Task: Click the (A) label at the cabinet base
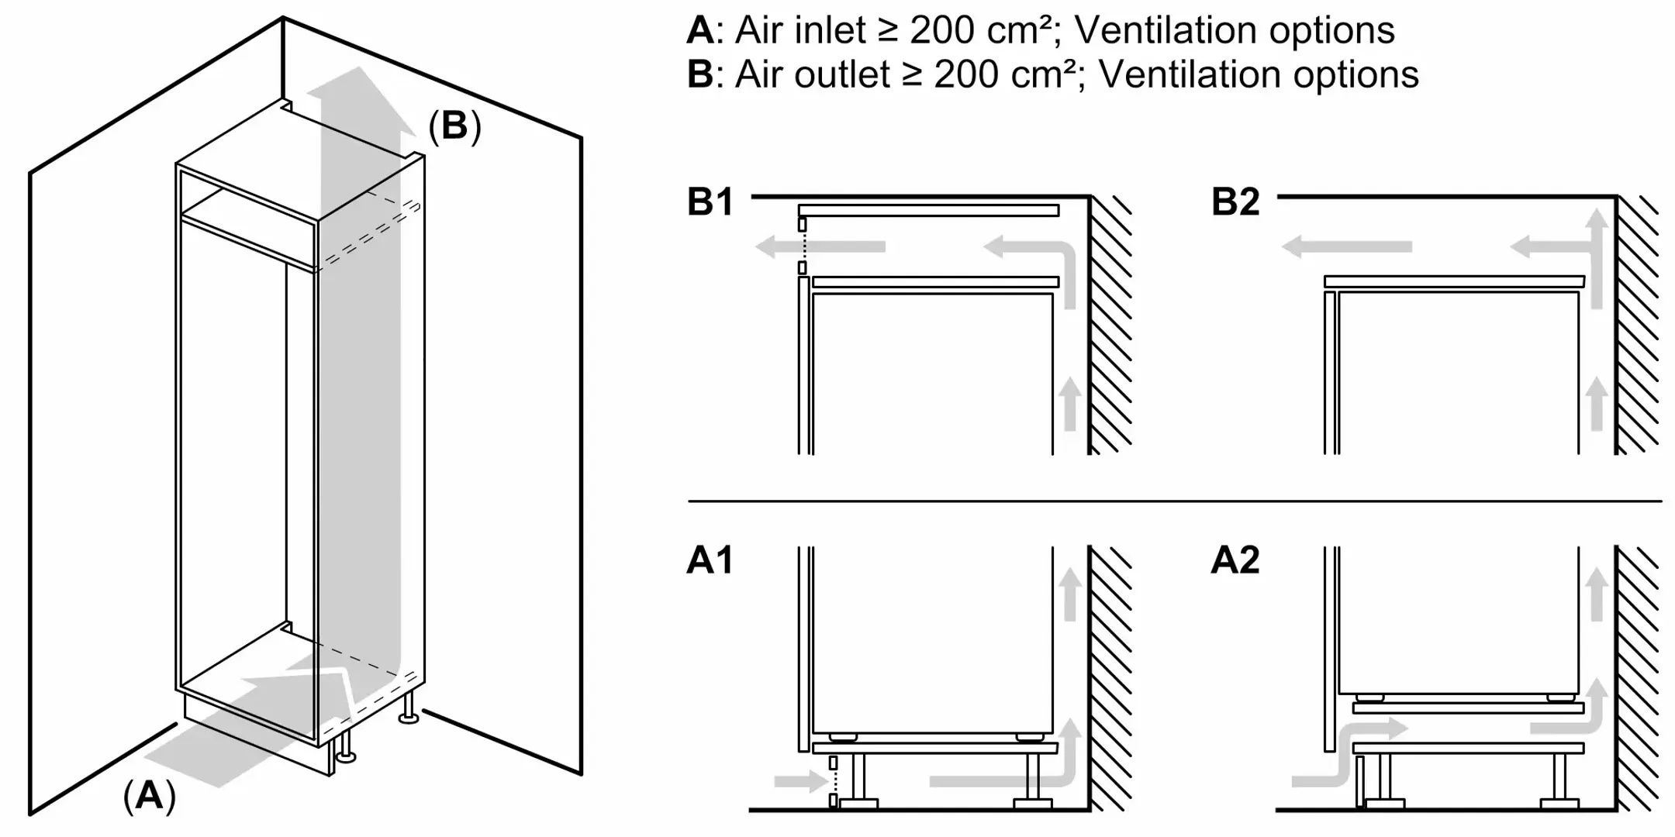(149, 796)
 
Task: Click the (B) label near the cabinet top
(454, 126)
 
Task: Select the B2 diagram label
(1235, 202)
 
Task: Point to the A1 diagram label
(710, 560)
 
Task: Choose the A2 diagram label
(1235, 560)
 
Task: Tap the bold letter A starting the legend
(699, 31)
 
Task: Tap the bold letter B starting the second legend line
(699, 75)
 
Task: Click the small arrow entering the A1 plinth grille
(800, 780)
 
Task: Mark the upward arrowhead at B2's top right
(1597, 221)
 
